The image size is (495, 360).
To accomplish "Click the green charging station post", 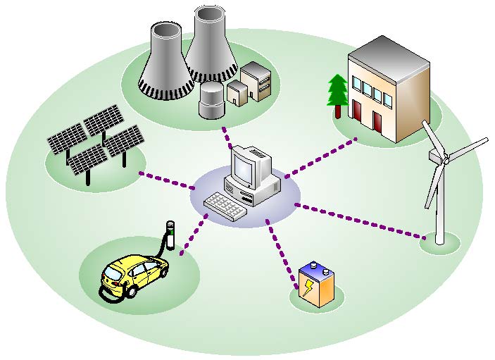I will coord(169,236).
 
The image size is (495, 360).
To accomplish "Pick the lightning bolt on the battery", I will coord(309,287).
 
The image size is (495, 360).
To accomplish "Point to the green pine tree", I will coord(338,92).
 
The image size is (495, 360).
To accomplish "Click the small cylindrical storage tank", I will coord(211,100).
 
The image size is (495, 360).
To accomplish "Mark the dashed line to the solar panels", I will coord(166,180).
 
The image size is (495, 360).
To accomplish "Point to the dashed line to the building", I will coord(320,158).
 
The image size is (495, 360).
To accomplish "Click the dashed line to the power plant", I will coord(227,137).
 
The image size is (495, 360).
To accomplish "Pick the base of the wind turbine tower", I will coord(440,240).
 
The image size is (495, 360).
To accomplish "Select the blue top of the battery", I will coord(315,270).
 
